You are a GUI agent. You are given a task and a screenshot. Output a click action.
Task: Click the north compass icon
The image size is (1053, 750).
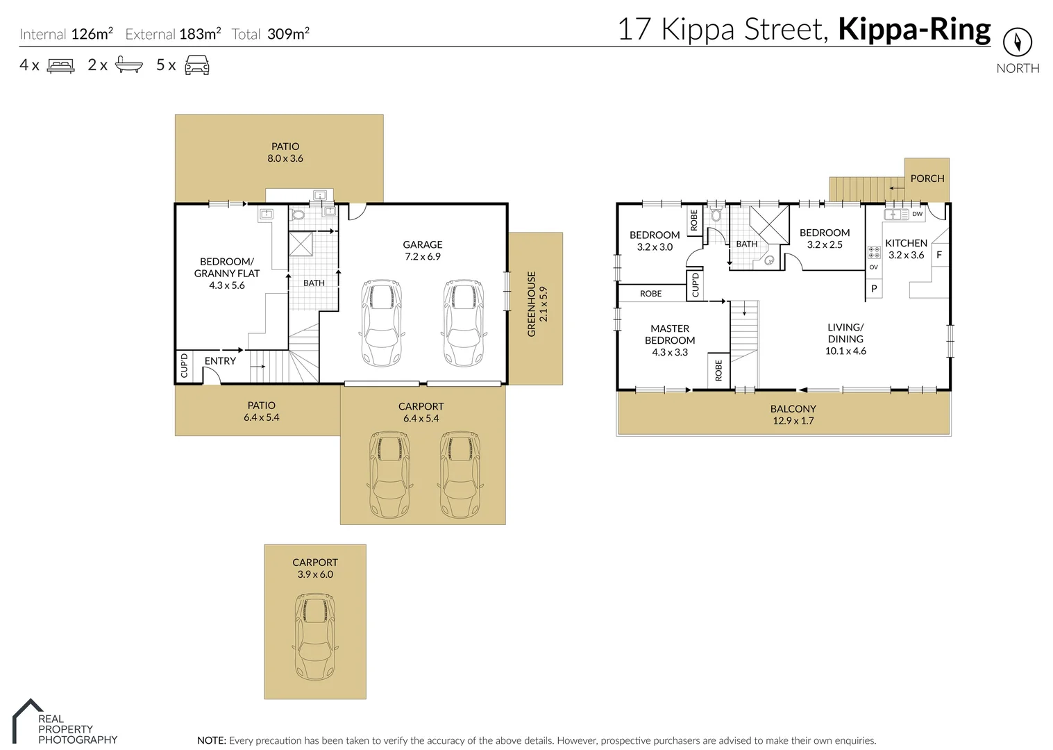click(1017, 43)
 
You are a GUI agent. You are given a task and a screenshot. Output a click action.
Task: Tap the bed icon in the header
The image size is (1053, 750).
click(60, 66)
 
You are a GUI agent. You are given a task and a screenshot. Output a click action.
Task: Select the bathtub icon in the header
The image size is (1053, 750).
click(129, 65)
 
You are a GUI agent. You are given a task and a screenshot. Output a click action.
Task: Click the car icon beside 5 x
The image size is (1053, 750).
click(197, 65)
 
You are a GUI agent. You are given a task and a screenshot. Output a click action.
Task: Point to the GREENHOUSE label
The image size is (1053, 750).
click(532, 303)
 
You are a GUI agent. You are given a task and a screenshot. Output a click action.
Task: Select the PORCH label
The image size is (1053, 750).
click(927, 178)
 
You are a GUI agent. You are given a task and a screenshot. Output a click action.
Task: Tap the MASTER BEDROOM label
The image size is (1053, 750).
click(669, 334)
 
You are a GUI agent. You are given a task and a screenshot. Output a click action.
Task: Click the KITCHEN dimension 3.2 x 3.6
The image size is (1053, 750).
click(906, 255)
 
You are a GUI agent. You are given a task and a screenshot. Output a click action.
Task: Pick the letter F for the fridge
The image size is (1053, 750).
click(939, 255)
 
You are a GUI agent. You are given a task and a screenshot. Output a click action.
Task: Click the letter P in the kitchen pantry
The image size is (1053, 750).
click(874, 288)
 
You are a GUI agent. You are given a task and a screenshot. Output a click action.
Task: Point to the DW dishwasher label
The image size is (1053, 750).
click(917, 214)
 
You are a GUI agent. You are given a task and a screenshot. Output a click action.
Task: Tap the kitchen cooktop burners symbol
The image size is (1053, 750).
click(874, 252)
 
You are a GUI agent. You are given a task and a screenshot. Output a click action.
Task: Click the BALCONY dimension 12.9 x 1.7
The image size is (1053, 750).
click(793, 421)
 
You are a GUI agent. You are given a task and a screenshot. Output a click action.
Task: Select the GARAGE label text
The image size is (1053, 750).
click(422, 244)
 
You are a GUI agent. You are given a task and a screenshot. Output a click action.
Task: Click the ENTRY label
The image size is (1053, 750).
click(220, 361)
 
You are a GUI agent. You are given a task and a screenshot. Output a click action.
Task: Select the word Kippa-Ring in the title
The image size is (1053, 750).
click(914, 30)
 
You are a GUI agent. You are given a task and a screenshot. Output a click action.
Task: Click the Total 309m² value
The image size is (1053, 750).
click(288, 33)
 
